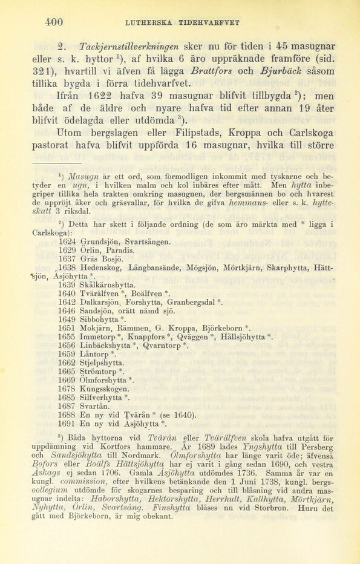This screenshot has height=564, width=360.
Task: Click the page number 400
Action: pyautogui.click(x=54, y=22)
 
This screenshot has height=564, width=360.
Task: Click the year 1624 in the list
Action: pyautogui.click(x=68, y=241)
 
